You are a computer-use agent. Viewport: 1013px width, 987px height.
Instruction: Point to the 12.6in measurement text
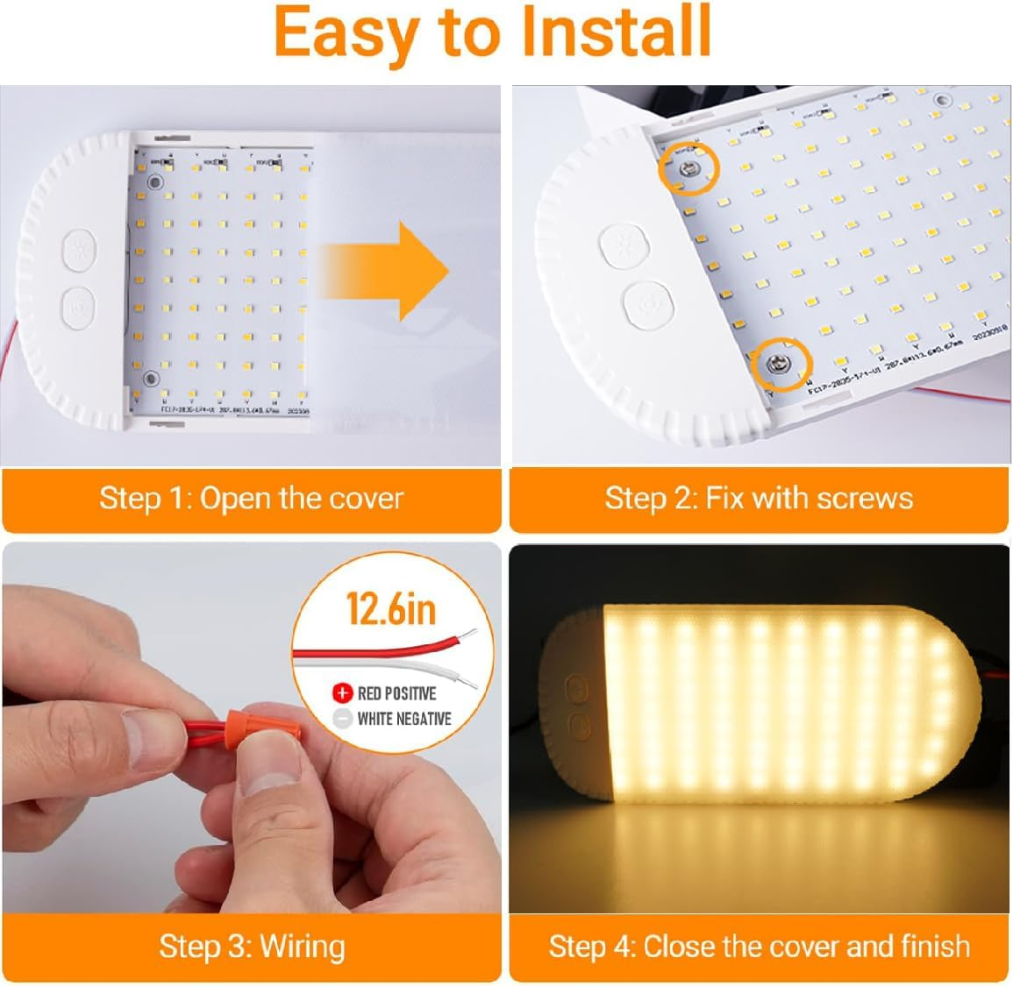[391, 608]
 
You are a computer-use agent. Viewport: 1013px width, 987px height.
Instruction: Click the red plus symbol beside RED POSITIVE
[342, 693]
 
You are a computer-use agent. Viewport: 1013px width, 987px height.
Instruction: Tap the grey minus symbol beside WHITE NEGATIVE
[342, 719]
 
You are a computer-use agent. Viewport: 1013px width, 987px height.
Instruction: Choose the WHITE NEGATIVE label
[404, 719]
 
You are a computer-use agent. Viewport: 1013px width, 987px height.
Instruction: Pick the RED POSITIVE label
[396, 693]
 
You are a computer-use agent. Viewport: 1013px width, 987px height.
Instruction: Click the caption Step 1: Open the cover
[251, 499]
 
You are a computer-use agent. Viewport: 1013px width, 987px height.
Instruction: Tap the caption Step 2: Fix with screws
[759, 499]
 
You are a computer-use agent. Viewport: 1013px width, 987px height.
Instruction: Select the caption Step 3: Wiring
[252, 946]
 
